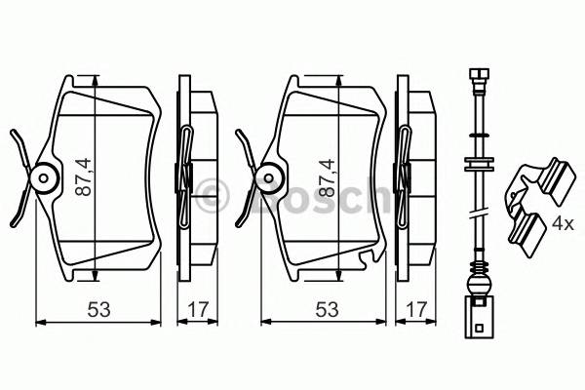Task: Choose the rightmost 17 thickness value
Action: click(415, 309)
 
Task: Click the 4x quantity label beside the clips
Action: click(562, 223)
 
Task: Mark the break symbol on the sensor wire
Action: click(478, 214)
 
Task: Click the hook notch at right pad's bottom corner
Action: click(368, 257)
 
